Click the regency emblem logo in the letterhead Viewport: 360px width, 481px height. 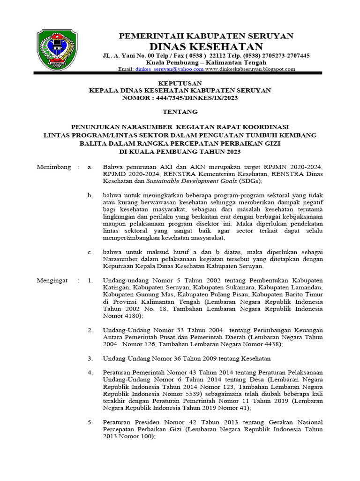click(x=57, y=49)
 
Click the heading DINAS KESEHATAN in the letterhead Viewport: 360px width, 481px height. click(x=206, y=46)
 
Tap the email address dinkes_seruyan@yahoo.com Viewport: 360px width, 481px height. click(x=170, y=69)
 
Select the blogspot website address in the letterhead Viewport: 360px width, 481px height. click(x=250, y=69)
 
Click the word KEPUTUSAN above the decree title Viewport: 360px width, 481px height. click(x=180, y=83)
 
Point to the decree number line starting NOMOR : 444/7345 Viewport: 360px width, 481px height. click(x=180, y=98)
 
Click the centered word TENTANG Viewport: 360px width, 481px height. click(x=180, y=112)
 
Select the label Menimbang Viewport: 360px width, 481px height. click(x=54, y=167)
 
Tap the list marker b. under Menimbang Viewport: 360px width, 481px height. click(x=90, y=194)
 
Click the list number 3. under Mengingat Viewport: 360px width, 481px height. click(x=90, y=358)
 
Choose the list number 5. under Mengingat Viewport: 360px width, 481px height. click(x=90, y=422)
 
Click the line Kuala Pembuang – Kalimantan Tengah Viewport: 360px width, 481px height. click(x=206, y=62)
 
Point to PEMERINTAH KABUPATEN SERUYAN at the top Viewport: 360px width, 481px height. click(x=206, y=36)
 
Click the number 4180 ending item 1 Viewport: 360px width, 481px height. click(x=129, y=316)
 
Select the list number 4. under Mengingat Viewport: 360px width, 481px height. click(x=90, y=372)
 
